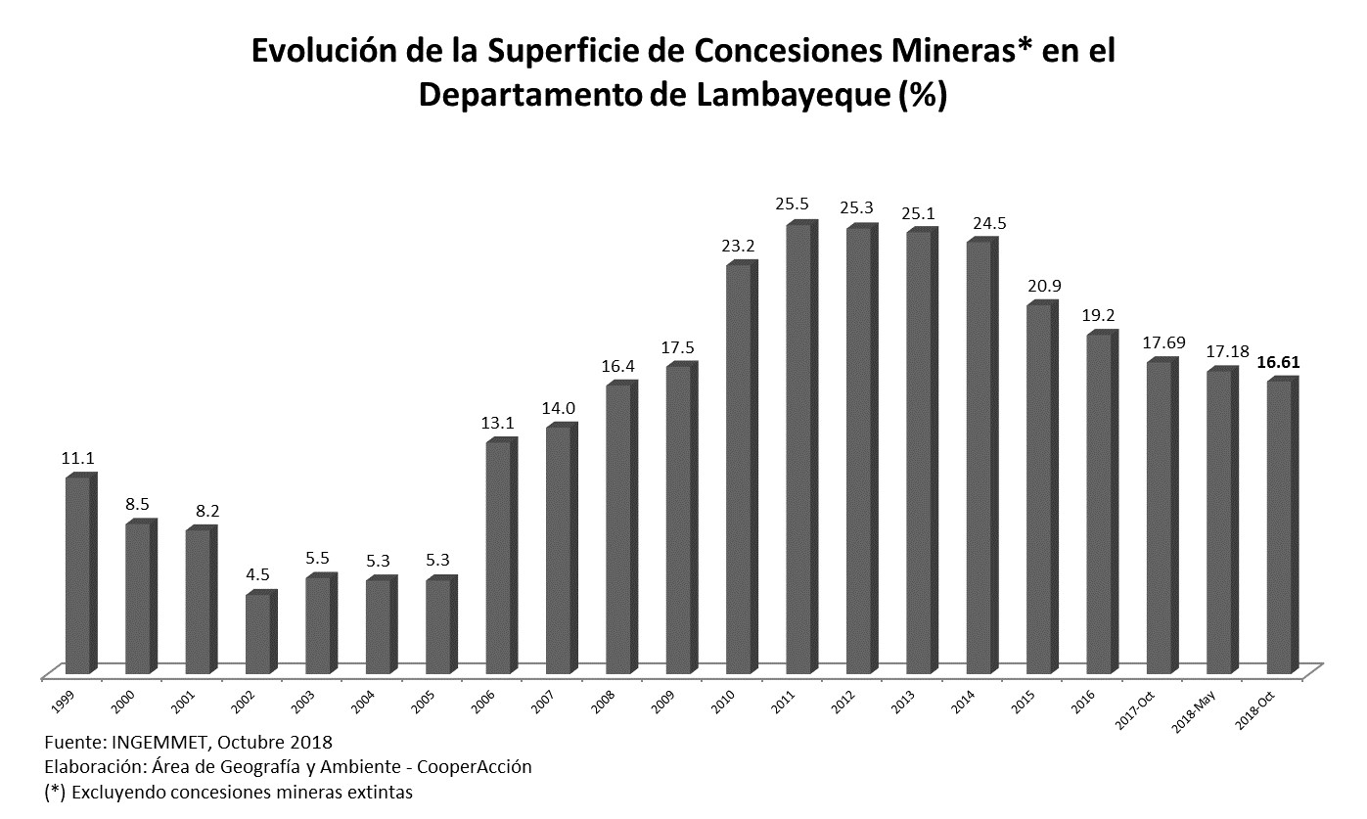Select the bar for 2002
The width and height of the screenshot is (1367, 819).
pos(261,632)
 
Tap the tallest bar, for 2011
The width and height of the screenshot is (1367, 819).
pos(801,447)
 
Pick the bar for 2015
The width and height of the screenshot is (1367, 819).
pos(1042,487)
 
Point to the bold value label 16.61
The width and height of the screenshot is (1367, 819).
pos(1279,362)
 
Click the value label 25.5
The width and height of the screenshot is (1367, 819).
pos(793,204)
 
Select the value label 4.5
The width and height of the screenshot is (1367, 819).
pos(257,574)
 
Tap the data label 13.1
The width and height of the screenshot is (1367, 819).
pos(497,423)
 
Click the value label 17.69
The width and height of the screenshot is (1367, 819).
pos(1163,342)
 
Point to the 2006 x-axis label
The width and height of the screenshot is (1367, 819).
pos(482,702)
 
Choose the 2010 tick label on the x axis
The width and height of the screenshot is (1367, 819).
pos(723,702)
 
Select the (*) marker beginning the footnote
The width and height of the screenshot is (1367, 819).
pos(55,793)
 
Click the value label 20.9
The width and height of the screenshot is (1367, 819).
pos(1044,286)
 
